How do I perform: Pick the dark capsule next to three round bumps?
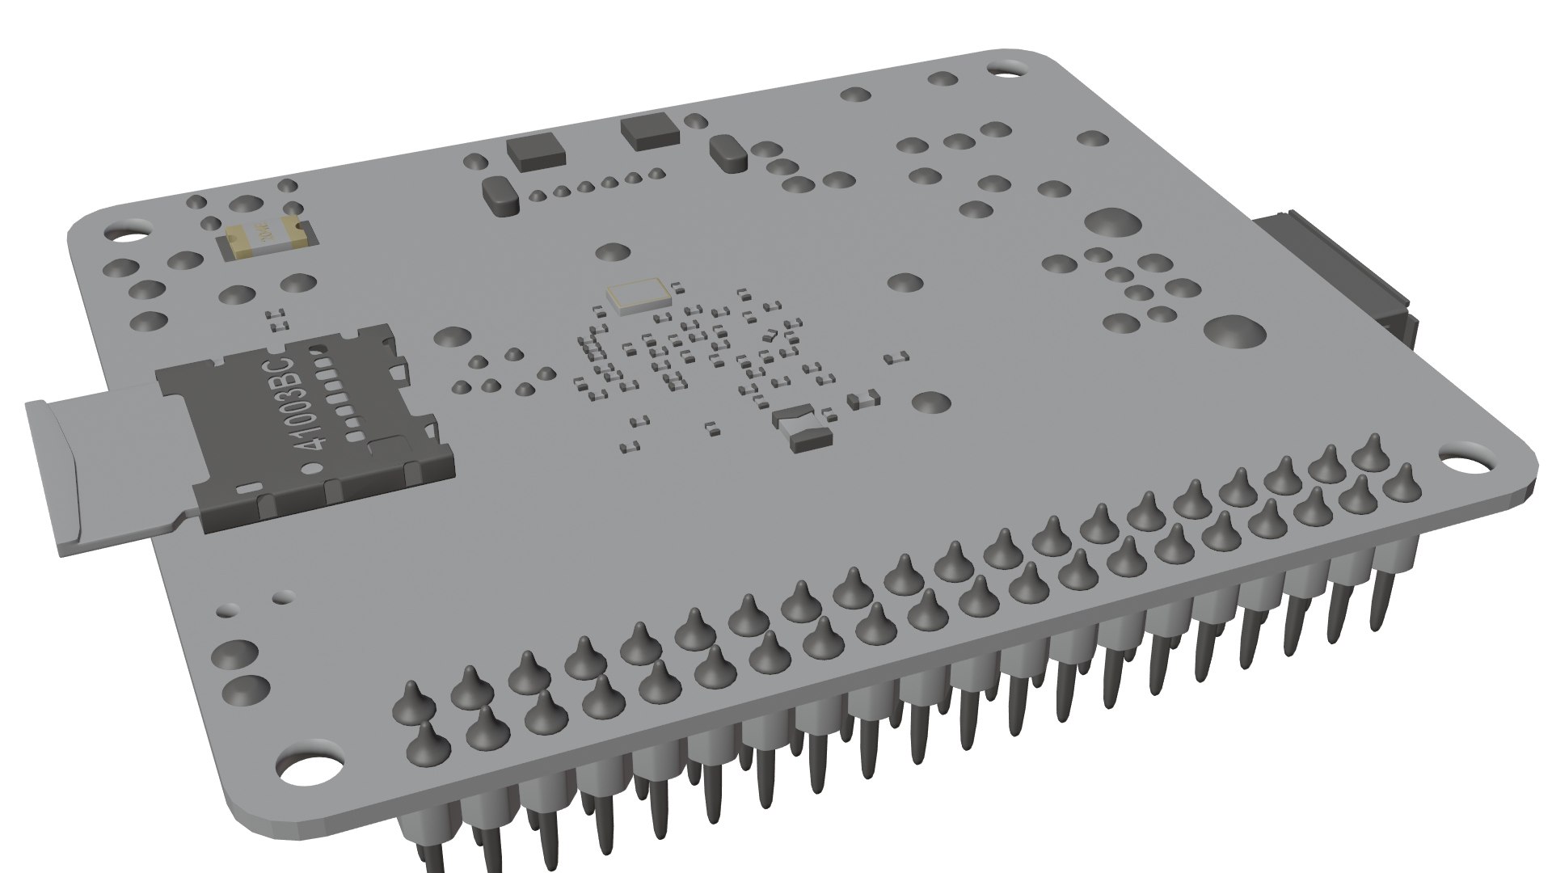point(727,154)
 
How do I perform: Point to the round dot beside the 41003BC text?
point(310,467)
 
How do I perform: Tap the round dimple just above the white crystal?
point(613,251)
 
